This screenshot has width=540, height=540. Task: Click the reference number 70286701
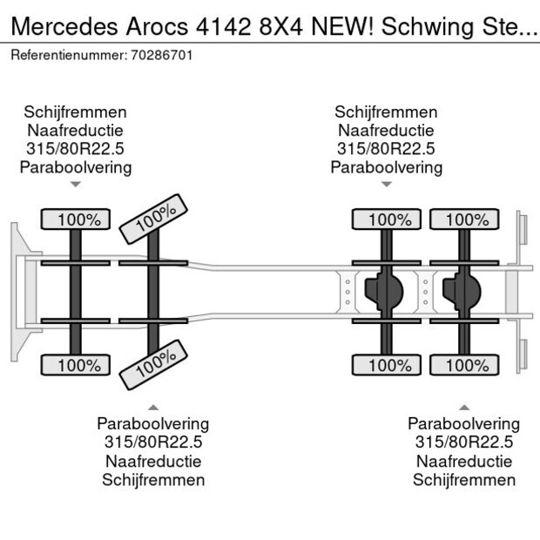[163, 55]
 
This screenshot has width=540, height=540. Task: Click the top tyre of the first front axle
[76, 219]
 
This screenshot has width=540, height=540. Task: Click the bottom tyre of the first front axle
[76, 366]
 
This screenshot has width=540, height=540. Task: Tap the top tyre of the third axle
[386, 219]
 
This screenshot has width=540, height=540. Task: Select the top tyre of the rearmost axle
[464, 219]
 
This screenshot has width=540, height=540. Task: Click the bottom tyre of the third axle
[386, 366]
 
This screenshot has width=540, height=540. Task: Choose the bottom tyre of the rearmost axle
[464, 366]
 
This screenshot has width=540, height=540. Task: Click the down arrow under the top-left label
[76, 185]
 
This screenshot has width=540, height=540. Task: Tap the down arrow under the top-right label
[386, 185]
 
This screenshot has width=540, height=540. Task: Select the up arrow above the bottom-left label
[153, 406]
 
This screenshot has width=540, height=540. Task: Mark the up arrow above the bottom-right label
[464, 406]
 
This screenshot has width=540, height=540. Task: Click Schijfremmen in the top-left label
[76, 112]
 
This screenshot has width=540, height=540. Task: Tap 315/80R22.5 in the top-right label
[386, 149]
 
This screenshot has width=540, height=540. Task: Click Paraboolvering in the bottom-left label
[153, 424]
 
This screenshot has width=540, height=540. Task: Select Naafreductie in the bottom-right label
[464, 462]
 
